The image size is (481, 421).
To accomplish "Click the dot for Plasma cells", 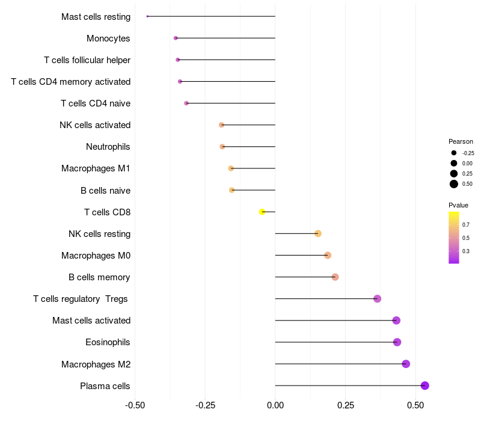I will (x=425, y=386).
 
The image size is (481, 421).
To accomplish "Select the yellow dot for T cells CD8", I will (x=262, y=212).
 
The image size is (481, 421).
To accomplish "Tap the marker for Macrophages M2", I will (x=406, y=364).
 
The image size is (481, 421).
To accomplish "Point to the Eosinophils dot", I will (x=397, y=342).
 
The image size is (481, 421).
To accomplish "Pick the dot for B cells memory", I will (x=335, y=277).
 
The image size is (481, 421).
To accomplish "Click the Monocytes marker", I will (x=176, y=38).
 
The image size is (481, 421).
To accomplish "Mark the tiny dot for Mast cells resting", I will (x=147, y=16).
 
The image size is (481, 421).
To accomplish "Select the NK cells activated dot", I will (x=221, y=125).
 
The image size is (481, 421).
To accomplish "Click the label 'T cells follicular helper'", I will (x=87, y=60).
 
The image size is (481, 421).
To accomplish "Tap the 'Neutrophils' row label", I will (x=108, y=147).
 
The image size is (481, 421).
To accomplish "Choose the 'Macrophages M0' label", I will (x=96, y=256).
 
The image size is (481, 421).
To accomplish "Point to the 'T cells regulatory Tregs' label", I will (x=82, y=299).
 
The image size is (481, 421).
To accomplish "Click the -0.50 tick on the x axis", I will (x=135, y=406).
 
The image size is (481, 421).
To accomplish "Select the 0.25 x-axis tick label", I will (x=345, y=406).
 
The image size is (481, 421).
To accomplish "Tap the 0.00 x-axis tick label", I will (x=275, y=406).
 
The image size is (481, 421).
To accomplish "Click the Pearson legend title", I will (x=461, y=141).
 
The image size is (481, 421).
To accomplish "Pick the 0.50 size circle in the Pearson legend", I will (x=454, y=184).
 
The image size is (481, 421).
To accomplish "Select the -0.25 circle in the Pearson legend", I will (x=454, y=153).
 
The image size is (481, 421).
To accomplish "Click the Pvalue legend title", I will (x=458, y=205).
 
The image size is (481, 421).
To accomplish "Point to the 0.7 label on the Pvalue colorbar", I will (x=466, y=224).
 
